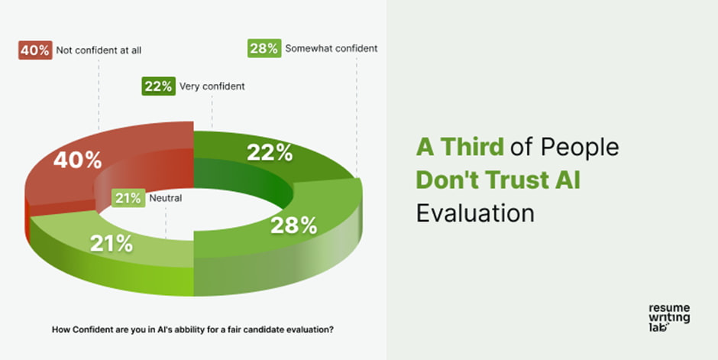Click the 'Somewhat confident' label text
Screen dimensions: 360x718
pos(331,48)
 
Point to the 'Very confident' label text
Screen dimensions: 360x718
pos(212,86)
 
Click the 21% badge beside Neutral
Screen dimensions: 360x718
pos(128,199)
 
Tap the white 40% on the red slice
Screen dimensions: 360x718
pos(76,160)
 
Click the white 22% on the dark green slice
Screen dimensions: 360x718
pos(270,152)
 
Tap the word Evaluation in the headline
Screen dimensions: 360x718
pos(475,212)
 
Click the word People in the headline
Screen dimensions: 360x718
pos(578,146)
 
